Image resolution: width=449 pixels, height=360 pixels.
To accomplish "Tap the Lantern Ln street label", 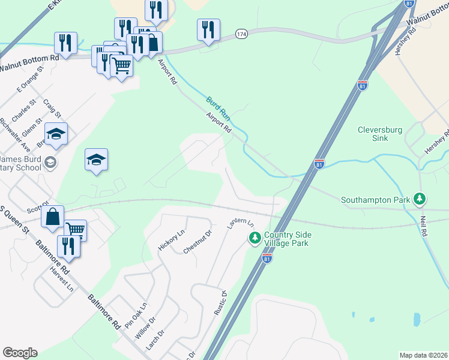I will coord(240,224).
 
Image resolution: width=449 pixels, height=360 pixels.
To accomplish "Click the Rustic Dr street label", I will coord(220,303).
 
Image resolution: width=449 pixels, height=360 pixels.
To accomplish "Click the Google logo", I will coord(20,353).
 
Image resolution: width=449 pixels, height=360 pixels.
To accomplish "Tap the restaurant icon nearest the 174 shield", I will coord(208,29).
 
